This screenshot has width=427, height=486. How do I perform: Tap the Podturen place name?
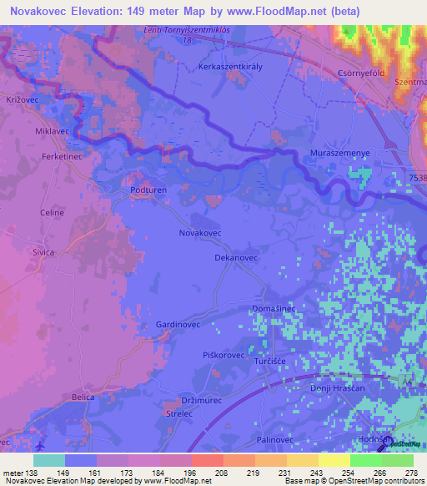(x=149, y=190)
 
